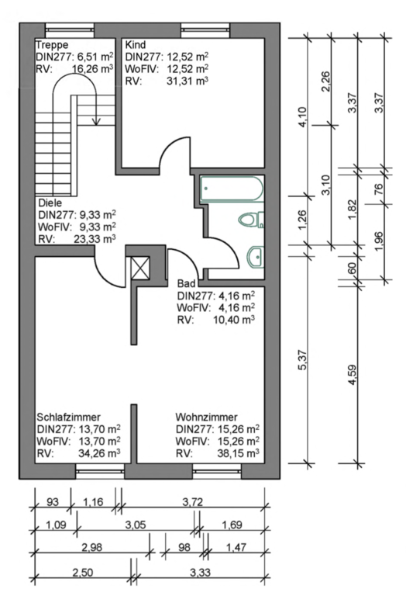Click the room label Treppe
(52, 45)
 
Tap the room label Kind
(136, 45)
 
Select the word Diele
(50, 203)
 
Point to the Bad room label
(186, 283)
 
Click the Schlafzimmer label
(69, 417)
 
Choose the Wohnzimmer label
(206, 417)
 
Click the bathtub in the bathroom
(232, 189)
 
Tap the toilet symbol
(251, 220)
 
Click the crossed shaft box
(140, 268)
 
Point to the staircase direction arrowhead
(96, 121)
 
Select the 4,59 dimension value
(353, 374)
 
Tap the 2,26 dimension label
(325, 81)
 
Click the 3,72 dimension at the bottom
(193, 502)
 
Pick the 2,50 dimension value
(82, 572)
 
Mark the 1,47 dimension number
(236, 547)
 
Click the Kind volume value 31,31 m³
(188, 81)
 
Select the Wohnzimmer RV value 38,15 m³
(239, 453)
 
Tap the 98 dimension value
(184, 547)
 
